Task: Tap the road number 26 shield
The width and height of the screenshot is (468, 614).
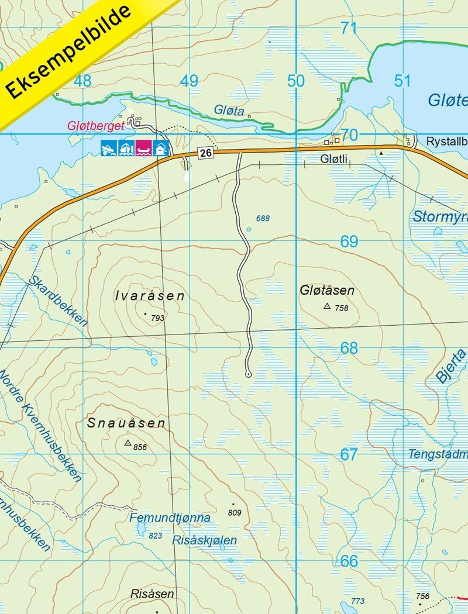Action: [204, 153]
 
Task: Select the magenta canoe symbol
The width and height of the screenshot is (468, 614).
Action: [143, 148]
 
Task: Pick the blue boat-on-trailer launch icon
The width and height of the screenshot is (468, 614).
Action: [109, 148]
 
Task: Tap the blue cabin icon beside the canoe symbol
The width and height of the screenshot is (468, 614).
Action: [160, 148]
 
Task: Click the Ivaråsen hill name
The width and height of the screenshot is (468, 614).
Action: [150, 296]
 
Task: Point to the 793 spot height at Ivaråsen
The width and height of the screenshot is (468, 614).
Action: [157, 318]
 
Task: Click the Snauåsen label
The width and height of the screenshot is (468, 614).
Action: [126, 423]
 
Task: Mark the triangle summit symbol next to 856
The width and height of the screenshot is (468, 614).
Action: [128, 443]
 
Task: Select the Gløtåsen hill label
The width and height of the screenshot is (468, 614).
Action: [327, 291]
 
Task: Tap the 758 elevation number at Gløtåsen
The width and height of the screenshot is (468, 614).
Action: [341, 308]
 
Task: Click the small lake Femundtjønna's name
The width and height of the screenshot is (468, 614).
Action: [170, 518]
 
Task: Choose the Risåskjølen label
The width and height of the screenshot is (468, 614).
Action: [205, 540]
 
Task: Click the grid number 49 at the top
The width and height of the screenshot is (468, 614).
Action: [189, 81]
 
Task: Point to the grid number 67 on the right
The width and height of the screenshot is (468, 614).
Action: [349, 454]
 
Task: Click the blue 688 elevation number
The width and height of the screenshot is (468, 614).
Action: [263, 218]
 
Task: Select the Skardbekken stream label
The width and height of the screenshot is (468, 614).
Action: [58, 301]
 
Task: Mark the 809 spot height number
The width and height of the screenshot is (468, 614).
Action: [235, 513]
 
